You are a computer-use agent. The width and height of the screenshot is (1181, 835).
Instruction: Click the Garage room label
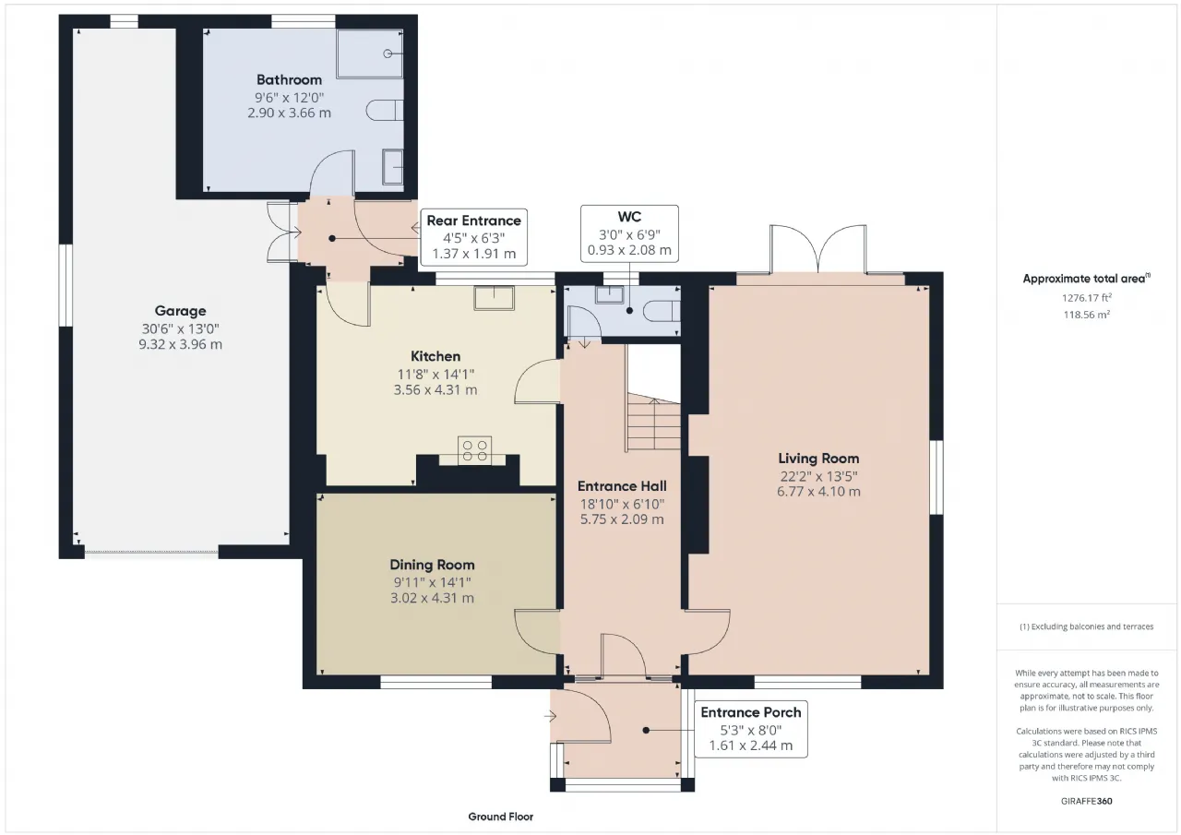(x=180, y=311)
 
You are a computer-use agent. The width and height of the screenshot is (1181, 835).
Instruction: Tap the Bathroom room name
(x=289, y=80)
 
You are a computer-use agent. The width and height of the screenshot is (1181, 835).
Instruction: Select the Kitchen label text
(x=435, y=356)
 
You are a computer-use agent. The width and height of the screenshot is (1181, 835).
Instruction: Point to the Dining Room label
(x=433, y=565)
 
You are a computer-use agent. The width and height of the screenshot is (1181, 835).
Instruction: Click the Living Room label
(x=818, y=459)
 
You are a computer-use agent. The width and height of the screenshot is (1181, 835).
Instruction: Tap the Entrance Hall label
(x=622, y=486)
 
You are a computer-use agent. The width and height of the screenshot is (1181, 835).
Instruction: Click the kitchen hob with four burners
(x=474, y=450)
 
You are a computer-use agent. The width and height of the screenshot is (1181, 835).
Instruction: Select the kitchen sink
(x=494, y=298)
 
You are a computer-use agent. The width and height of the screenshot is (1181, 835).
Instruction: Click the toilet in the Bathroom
(x=385, y=110)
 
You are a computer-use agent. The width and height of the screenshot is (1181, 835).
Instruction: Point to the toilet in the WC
(x=662, y=311)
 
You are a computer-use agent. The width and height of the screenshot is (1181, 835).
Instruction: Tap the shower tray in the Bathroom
(x=370, y=54)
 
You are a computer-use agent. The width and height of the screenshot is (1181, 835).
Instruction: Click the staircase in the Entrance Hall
(x=653, y=422)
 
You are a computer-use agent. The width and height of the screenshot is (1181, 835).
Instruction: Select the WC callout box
(x=629, y=233)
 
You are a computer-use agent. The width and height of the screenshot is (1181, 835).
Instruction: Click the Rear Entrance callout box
(x=474, y=237)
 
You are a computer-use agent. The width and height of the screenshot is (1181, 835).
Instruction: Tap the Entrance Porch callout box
(x=751, y=729)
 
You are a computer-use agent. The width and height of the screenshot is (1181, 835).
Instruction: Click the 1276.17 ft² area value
(x=1087, y=298)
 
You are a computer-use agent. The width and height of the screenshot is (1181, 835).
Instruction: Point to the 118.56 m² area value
(x=1087, y=315)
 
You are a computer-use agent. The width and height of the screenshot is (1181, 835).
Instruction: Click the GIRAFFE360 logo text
(x=1087, y=801)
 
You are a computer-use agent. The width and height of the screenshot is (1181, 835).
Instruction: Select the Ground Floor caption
(x=501, y=817)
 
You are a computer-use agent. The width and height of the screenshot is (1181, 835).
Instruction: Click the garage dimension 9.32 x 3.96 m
(x=180, y=345)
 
